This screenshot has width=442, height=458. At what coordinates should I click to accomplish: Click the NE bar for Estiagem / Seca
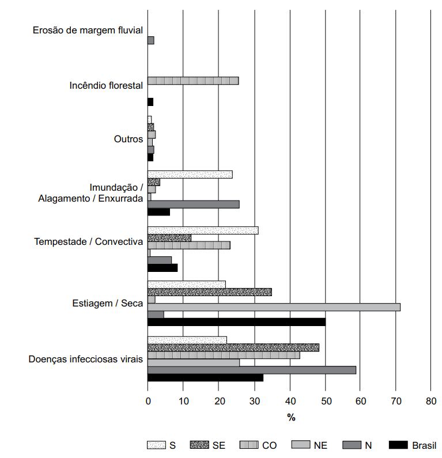click(x=274, y=307)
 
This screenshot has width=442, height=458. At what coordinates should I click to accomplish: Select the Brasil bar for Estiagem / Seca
click(x=237, y=322)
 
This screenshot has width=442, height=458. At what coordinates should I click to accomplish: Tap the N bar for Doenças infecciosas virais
click(x=252, y=370)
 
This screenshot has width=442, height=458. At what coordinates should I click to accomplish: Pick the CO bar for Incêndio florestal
click(x=193, y=81)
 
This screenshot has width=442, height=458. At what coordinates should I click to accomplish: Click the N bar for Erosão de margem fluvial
click(x=151, y=40)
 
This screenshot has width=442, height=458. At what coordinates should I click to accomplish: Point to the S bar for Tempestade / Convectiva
click(x=203, y=230)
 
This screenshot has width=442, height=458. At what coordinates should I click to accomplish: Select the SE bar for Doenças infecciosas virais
click(x=233, y=347)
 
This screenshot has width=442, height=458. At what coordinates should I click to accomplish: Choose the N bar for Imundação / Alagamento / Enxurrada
click(x=194, y=205)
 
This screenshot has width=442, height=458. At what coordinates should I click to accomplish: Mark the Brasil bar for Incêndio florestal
click(x=150, y=102)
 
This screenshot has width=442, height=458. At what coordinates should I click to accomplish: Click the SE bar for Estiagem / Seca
click(x=210, y=292)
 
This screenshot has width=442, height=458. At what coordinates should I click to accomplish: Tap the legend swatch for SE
click(x=199, y=445)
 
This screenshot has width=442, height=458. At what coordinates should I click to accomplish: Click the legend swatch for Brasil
click(x=398, y=445)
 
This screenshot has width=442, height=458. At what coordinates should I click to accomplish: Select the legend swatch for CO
click(x=249, y=445)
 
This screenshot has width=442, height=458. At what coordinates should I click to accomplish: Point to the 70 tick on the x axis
click(x=395, y=391)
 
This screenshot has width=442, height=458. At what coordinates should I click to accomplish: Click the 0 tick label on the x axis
click(x=148, y=401)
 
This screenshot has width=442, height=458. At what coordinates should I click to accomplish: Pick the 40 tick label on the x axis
click(x=290, y=401)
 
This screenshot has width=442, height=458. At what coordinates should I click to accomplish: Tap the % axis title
click(x=291, y=418)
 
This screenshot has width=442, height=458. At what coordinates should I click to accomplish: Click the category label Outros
click(x=129, y=139)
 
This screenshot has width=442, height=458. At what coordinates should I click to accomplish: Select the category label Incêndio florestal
click(x=107, y=85)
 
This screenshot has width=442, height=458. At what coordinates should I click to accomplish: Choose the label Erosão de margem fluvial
click(x=88, y=30)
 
